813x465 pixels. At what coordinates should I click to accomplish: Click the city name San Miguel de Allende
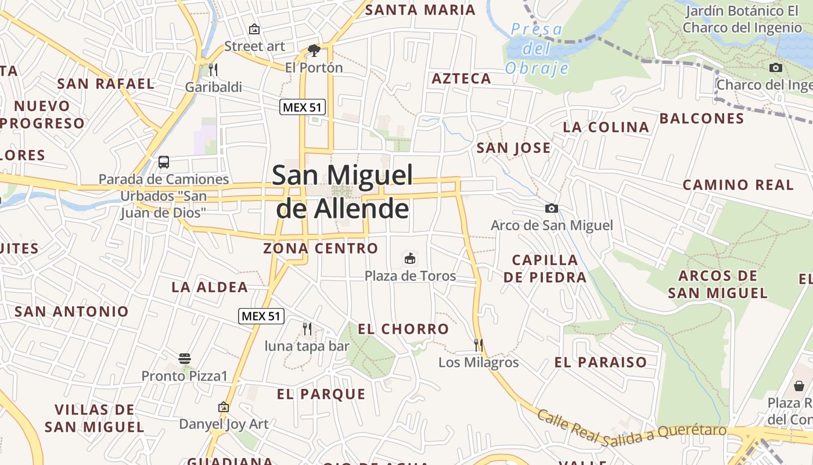pos(343,191)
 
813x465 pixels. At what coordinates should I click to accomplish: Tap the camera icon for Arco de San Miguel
pos(551,208)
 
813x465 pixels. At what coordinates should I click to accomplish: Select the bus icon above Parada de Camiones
pos(164,162)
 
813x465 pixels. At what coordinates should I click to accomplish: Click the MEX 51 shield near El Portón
pos(303,107)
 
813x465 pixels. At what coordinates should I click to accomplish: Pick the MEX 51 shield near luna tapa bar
pos(261,316)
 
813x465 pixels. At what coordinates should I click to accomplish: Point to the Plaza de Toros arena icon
pos(410,258)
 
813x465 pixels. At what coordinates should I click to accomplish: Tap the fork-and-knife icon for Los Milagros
pos(478,345)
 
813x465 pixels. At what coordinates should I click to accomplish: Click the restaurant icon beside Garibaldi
pos(213,70)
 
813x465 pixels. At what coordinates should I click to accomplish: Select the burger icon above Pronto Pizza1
pos(185,359)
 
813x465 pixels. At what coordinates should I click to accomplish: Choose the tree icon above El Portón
pos(314,50)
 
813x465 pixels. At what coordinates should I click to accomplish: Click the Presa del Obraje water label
pos(537,49)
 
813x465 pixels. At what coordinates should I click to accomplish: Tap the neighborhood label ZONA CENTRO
pos(321,248)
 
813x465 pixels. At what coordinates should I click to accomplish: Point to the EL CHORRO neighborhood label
pos(403,329)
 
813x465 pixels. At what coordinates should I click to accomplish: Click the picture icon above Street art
pos(254,29)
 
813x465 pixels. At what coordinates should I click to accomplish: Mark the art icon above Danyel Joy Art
pos(224,407)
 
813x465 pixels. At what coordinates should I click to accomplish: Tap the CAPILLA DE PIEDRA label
pos(545,268)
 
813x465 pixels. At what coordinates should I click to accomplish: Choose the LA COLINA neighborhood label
pos(606,127)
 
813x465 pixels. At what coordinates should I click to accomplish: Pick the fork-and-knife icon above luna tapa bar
pos(307,329)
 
